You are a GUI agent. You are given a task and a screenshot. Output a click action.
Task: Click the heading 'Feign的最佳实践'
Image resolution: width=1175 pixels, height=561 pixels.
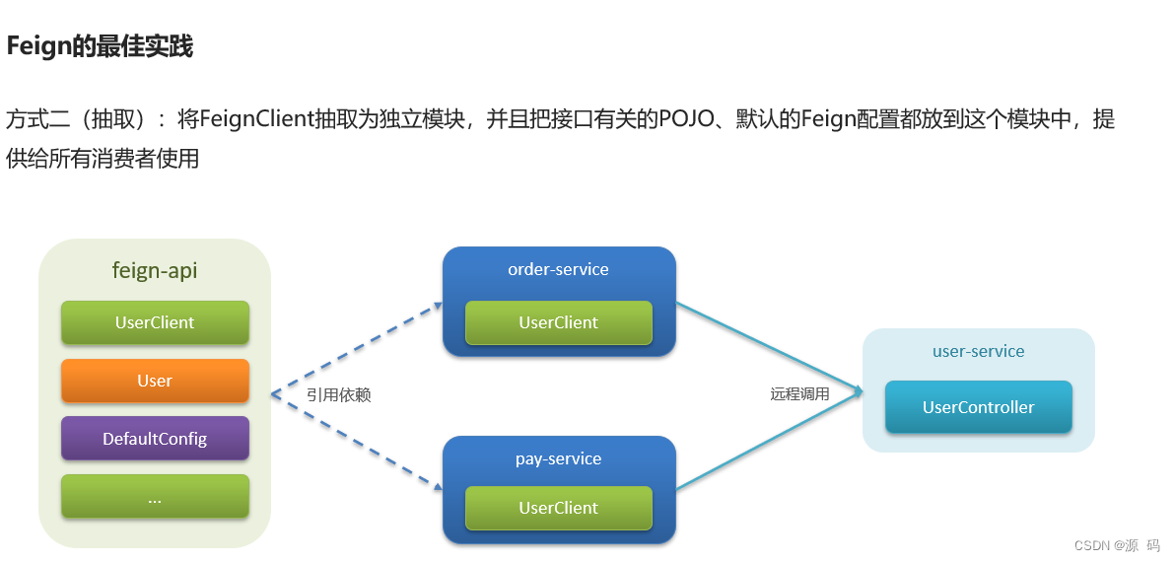(x=100, y=46)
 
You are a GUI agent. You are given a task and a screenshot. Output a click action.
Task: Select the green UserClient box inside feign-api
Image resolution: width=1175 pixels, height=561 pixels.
(x=155, y=322)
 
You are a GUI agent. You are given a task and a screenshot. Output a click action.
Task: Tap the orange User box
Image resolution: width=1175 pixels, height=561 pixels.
(x=155, y=381)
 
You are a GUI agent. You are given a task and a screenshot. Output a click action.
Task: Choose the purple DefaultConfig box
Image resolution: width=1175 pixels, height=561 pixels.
(x=155, y=439)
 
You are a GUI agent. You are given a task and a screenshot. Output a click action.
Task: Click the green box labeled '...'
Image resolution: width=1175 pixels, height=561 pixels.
(x=155, y=497)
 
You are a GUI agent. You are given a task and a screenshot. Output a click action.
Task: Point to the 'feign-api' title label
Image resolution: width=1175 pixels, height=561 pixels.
(x=155, y=271)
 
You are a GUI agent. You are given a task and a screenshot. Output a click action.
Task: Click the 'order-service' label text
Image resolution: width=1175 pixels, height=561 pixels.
(x=558, y=269)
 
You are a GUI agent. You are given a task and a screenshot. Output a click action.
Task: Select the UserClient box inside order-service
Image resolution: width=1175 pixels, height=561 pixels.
(x=558, y=322)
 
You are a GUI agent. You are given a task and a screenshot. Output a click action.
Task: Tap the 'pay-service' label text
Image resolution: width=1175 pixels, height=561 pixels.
(x=558, y=458)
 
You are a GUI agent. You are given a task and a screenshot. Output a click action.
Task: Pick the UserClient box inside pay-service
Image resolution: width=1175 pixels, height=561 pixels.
(x=558, y=508)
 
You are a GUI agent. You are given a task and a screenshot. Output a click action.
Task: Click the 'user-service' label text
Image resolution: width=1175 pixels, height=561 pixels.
(x=978, y=351)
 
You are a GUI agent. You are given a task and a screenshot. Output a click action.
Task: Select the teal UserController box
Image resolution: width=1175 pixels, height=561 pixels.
(x=978, y=407)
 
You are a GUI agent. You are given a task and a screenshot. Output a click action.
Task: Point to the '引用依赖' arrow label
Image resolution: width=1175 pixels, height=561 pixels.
(x=338, y=394)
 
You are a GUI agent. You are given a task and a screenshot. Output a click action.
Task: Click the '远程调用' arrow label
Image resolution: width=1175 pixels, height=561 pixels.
(x=799, y=393)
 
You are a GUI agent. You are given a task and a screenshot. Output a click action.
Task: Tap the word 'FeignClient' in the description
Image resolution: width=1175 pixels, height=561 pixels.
(x=255, y=120)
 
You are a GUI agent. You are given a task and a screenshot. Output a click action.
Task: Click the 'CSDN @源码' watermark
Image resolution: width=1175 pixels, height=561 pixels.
(x=1116, y=545)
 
